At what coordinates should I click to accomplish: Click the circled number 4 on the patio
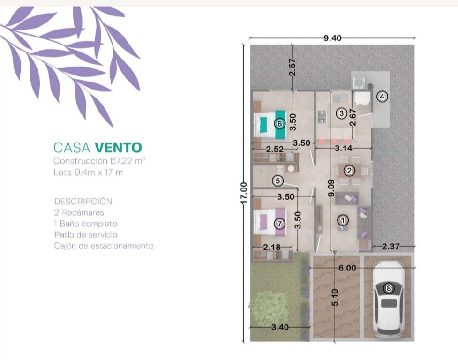[x=382, y=97]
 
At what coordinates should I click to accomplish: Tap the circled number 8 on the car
[x=389, y=288]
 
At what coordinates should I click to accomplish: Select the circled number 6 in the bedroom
[x=279, y=124]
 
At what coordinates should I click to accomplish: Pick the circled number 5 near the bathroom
[x=278, y=181]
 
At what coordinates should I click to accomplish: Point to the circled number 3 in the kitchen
[x=341, y=112]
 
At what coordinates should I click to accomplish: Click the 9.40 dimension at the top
[x=332, y=38]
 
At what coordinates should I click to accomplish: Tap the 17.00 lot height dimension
[x=244, y=193]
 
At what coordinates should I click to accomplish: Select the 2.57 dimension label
[x=293, y=67]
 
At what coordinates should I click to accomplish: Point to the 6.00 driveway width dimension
[x=347, y=268]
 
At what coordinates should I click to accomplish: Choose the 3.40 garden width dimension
[x=280, y=327]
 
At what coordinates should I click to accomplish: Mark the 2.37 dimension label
[x=390, y=247]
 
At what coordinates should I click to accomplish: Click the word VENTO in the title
[x=118, y=148]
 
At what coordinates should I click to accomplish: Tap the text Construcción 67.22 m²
[x=99, y=161]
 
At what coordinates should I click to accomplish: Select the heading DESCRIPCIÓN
[x=83, y=201]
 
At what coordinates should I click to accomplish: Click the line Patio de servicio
[x=86, y=235]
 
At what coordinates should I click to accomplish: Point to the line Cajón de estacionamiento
[x=104, y=246]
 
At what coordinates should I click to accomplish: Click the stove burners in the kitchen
[x=322, y=117]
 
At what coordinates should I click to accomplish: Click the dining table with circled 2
[x=349, y=171]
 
